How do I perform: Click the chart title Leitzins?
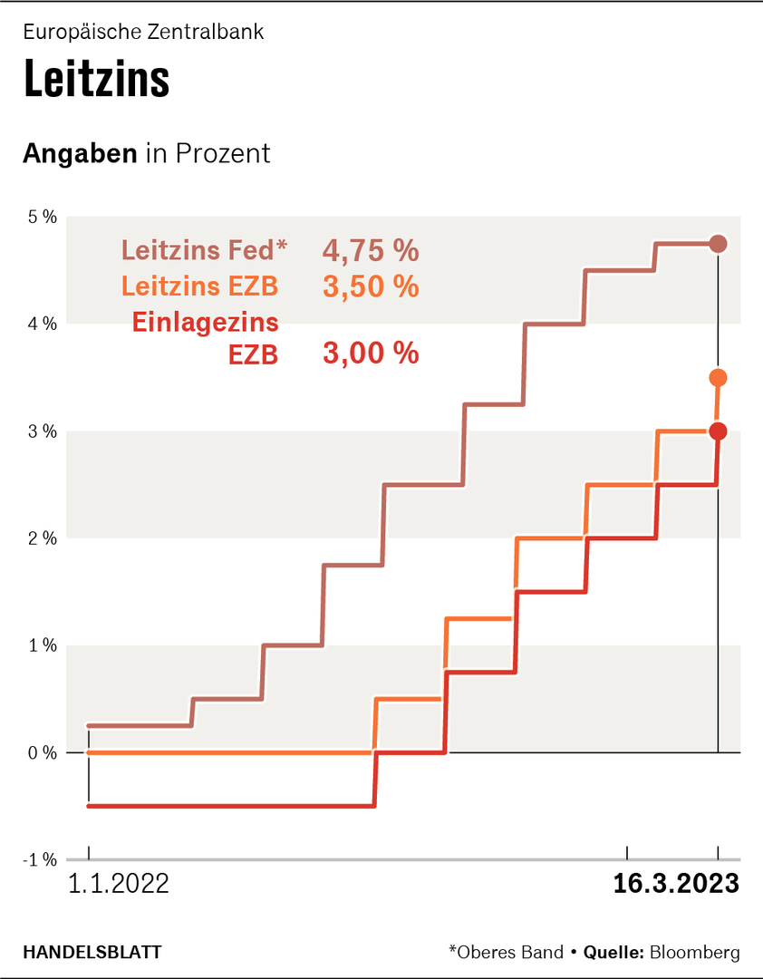[x=96, y=80]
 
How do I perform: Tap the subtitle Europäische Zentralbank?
[x=143, y=32]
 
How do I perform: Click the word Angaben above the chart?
[x=81, y=153]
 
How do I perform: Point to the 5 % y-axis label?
[x=42, y=217]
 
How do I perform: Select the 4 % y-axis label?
[x=42, y=324]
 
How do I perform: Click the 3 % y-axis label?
[x=42, y=431]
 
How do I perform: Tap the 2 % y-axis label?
[x=42, y=538]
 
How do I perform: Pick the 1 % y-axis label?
[x=42, y=645]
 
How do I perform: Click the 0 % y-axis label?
[x=42, y=752]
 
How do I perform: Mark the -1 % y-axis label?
[x=40, y=860]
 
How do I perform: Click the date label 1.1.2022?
[x=118, y=884]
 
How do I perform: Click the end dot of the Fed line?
[x=719, y=243]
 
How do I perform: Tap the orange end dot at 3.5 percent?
[x=719, y=377]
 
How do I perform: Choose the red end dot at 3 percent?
[x=719, y=431]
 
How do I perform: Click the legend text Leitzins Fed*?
[x=204, y=249]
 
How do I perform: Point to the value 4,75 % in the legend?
[x=371, y=249]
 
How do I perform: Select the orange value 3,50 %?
[x=371, y=287]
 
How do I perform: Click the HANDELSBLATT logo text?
[x=92, y=952]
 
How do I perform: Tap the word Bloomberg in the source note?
[x=695, y=952]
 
